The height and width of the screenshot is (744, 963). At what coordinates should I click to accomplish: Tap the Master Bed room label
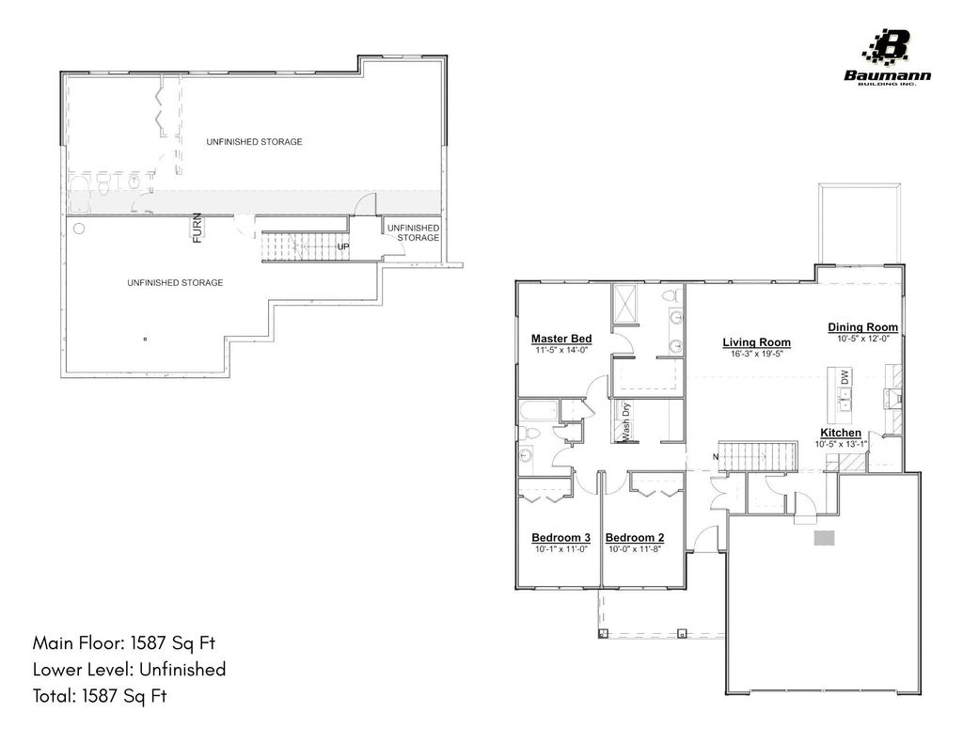pos(560,339)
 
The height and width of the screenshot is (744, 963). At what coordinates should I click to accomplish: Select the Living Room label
pos(756,342)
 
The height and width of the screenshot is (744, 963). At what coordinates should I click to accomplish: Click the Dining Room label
pos(862,327)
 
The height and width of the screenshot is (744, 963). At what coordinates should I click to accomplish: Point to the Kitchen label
pos(840,433)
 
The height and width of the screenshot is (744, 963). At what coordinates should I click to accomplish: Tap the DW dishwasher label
pos(844,376)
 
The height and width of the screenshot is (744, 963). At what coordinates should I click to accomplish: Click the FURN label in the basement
pos(197,229)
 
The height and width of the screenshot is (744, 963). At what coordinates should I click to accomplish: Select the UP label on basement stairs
pos(343,248)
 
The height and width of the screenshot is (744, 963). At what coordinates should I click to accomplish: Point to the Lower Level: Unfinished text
pos(129,670)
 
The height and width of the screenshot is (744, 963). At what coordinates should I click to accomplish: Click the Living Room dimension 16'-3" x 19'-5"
pos(756,355)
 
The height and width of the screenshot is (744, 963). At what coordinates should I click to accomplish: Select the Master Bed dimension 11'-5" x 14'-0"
pos(560,350)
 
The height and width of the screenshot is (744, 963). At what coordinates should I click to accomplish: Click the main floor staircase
pos(758,455)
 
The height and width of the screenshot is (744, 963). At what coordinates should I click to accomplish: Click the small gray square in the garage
pos(825,537)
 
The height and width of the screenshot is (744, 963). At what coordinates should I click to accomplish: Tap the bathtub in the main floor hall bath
pos(537,411)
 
